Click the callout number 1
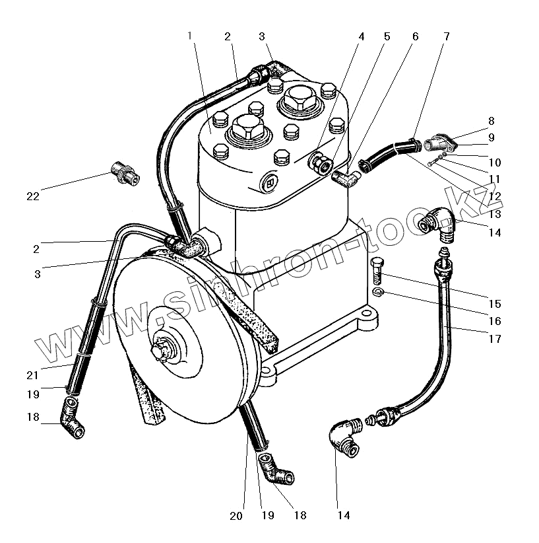(190, 36)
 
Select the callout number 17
(495, 339)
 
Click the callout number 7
(447, 36)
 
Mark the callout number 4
(362, 36)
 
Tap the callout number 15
(495, 305)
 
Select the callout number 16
(495, 322)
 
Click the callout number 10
(495, 163)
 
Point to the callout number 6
(415, 36)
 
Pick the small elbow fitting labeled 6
(345, 176)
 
